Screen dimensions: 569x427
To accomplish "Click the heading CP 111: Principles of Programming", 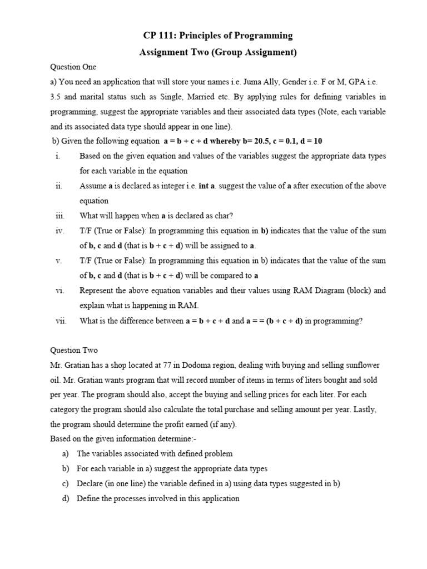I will [x=217, y=36].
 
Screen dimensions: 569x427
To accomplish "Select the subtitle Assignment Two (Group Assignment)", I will [x=217, y=53].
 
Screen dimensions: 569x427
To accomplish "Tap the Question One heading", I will [x=73, y=67].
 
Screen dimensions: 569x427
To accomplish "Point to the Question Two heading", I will [x=74, y=350].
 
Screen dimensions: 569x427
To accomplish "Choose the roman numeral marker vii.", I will [x=61, y=321].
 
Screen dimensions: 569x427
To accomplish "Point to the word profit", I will [x=163, y=425].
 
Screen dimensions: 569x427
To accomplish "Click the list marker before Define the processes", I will [x=65, y=498].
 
